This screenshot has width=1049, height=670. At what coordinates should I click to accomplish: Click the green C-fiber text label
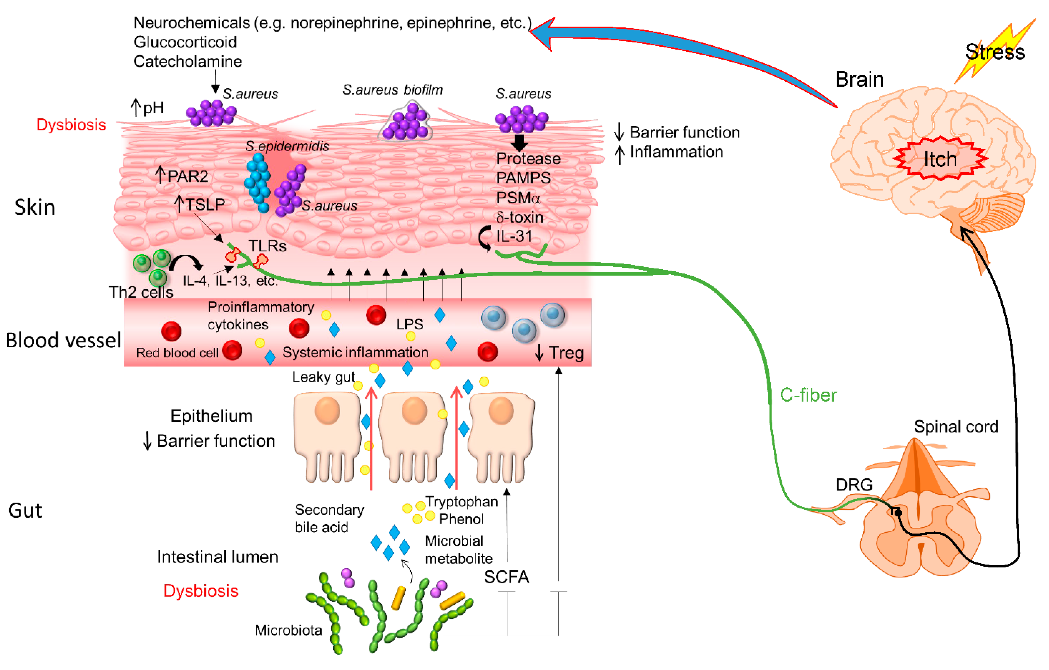(808, 395)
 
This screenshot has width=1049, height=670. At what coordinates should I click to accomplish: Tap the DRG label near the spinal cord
(854, 484)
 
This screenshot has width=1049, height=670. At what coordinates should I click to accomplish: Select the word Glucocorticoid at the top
(185, 42)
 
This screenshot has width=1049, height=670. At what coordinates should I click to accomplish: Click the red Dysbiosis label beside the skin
(71, 125)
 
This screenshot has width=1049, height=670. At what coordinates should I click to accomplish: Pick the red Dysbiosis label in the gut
(201, 591)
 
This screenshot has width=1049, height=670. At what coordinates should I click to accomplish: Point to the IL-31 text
(514, 236)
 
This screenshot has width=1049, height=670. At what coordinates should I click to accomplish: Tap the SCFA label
(506, 577)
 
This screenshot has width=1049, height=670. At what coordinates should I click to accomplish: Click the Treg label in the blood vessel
(566, 352)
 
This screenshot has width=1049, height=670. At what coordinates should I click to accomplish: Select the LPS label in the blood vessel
(410, 324)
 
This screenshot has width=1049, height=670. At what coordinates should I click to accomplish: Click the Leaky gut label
(323, 377)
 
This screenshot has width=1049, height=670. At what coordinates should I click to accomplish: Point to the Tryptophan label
(462, 502)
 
